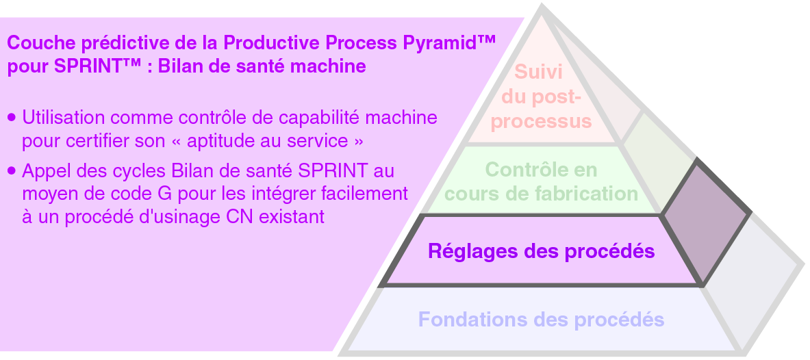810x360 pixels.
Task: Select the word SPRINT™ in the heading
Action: (90, 68)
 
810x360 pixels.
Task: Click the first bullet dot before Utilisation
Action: (11, 118)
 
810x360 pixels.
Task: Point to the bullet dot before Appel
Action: (11, 170)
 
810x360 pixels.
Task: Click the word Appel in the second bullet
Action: (42, 170)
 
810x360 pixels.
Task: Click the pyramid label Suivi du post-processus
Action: (541, 97)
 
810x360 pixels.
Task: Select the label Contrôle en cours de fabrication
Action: (541, 181)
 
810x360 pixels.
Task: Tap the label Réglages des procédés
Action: (541, 251)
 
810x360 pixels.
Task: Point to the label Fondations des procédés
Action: (541, 319)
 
